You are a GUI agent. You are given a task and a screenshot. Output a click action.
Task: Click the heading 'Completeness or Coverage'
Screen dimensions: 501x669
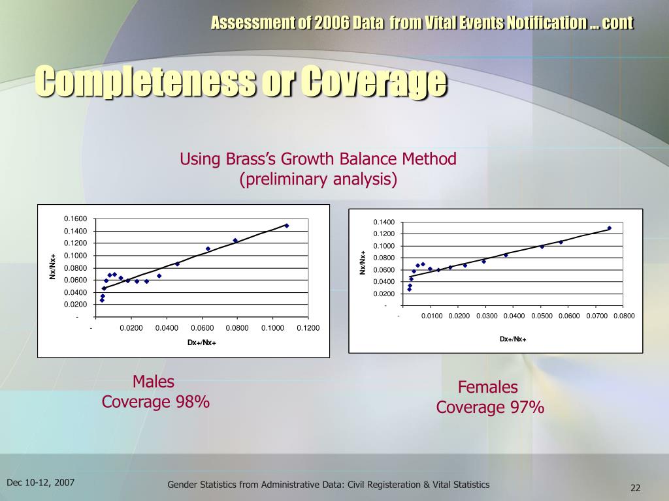point(241,82)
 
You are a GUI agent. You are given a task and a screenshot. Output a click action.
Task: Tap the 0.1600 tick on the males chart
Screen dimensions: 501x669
point(75,219)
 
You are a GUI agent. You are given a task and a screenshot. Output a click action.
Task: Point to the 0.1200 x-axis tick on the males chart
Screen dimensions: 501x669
point(308,327)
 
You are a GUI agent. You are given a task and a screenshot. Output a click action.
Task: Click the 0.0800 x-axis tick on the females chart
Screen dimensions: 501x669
point(623,316)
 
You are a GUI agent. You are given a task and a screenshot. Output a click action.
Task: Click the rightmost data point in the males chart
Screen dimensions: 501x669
point(286,226)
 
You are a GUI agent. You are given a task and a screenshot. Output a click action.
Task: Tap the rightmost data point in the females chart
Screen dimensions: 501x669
point(609,228)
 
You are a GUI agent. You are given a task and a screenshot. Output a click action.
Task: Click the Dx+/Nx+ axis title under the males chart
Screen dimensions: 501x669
point(201,343)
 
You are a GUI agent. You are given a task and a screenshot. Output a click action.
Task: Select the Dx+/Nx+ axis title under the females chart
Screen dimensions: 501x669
point(513,339)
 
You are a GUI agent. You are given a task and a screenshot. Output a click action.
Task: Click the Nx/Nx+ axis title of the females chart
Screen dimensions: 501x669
point(363,262)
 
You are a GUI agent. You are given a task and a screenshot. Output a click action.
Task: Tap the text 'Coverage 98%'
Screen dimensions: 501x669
point(155,402)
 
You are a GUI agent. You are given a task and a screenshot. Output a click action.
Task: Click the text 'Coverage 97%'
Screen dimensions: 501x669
point(490,408)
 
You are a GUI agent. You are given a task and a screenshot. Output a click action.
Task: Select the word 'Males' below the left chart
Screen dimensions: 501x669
point(154,382)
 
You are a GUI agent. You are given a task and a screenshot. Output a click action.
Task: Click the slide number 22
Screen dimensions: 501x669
point(634,488)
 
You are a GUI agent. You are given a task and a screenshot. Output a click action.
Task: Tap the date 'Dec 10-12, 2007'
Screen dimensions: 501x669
point(41,483)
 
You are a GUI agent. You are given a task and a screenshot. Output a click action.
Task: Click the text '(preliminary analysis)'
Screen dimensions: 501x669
point(318,179)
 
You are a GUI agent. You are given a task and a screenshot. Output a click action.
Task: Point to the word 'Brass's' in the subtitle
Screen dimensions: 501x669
point(251,159)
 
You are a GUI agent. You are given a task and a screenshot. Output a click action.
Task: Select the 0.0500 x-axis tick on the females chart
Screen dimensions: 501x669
point(540,316)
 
